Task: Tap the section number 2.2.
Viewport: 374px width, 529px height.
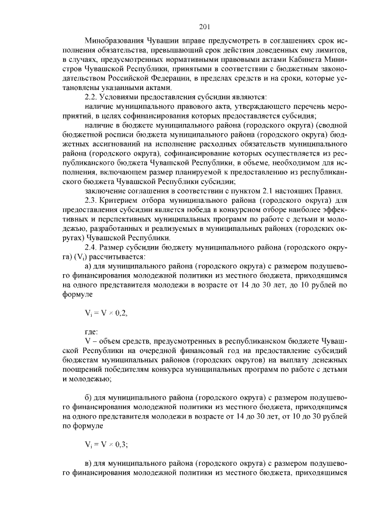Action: click(x=93, y=96)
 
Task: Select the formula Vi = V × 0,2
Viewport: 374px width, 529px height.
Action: click(x=106, y=312)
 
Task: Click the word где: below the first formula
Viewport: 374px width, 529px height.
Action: click(x=92, y=331)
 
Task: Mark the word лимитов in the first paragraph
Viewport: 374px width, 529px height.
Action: click(x=332, y=51)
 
